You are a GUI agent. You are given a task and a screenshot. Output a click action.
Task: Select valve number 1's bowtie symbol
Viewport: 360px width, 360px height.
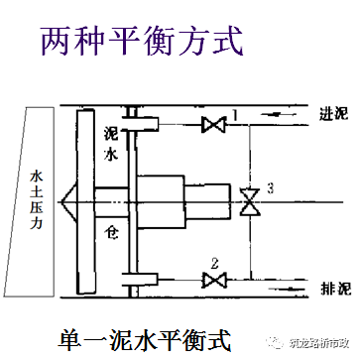point(211,125)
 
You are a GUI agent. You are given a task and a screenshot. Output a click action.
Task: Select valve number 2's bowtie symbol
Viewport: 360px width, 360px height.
point(211,281)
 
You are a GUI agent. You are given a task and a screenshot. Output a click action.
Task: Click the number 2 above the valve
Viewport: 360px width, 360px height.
point(213,265)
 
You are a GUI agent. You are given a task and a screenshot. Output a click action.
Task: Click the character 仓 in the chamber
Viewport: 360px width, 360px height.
point(113,228)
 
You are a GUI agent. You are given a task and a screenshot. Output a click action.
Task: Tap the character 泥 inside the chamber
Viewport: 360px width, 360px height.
point(111,135)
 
